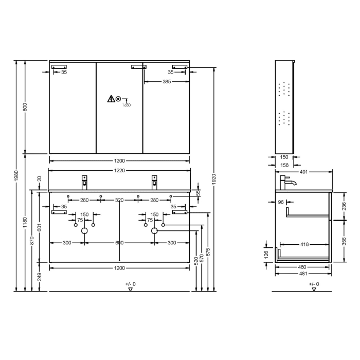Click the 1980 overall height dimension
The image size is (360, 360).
16,175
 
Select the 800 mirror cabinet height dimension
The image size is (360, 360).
25,107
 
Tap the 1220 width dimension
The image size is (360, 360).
119,170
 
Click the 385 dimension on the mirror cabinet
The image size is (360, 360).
167,82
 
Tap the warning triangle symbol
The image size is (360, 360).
111,99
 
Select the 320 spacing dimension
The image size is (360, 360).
119,201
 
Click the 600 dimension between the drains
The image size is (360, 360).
119,242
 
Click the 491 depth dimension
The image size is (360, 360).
303,173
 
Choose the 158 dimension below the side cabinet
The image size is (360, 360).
283,165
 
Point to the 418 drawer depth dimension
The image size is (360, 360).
304,245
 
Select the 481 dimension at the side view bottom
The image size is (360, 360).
303,274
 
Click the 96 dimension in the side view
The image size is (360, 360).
281,203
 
